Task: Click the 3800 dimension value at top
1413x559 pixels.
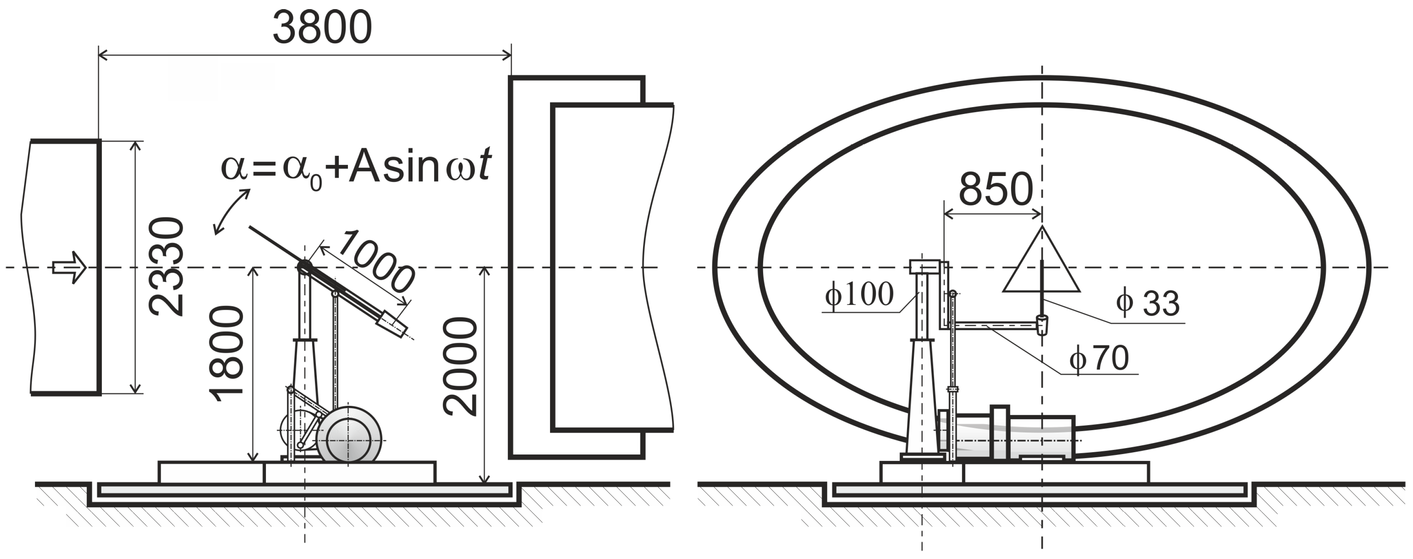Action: pos(322,28)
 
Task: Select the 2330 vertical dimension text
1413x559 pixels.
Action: pos(166,267)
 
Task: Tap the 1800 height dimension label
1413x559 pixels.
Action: pos(226,354)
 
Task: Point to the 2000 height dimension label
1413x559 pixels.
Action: pos(461,366)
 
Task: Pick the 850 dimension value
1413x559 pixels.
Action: pos(996,189)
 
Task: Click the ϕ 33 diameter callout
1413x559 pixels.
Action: pos(1147,303)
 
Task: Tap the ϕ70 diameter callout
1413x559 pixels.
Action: pos(1099,359)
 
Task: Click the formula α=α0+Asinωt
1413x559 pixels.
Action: pos(356,166)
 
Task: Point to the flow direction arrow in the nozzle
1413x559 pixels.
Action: pos(70,268)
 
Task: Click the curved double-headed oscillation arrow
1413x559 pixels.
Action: pos(231,212)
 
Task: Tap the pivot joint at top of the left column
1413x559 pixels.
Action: pos(304,267)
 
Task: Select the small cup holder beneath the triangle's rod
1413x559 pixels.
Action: pos(1042,325)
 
